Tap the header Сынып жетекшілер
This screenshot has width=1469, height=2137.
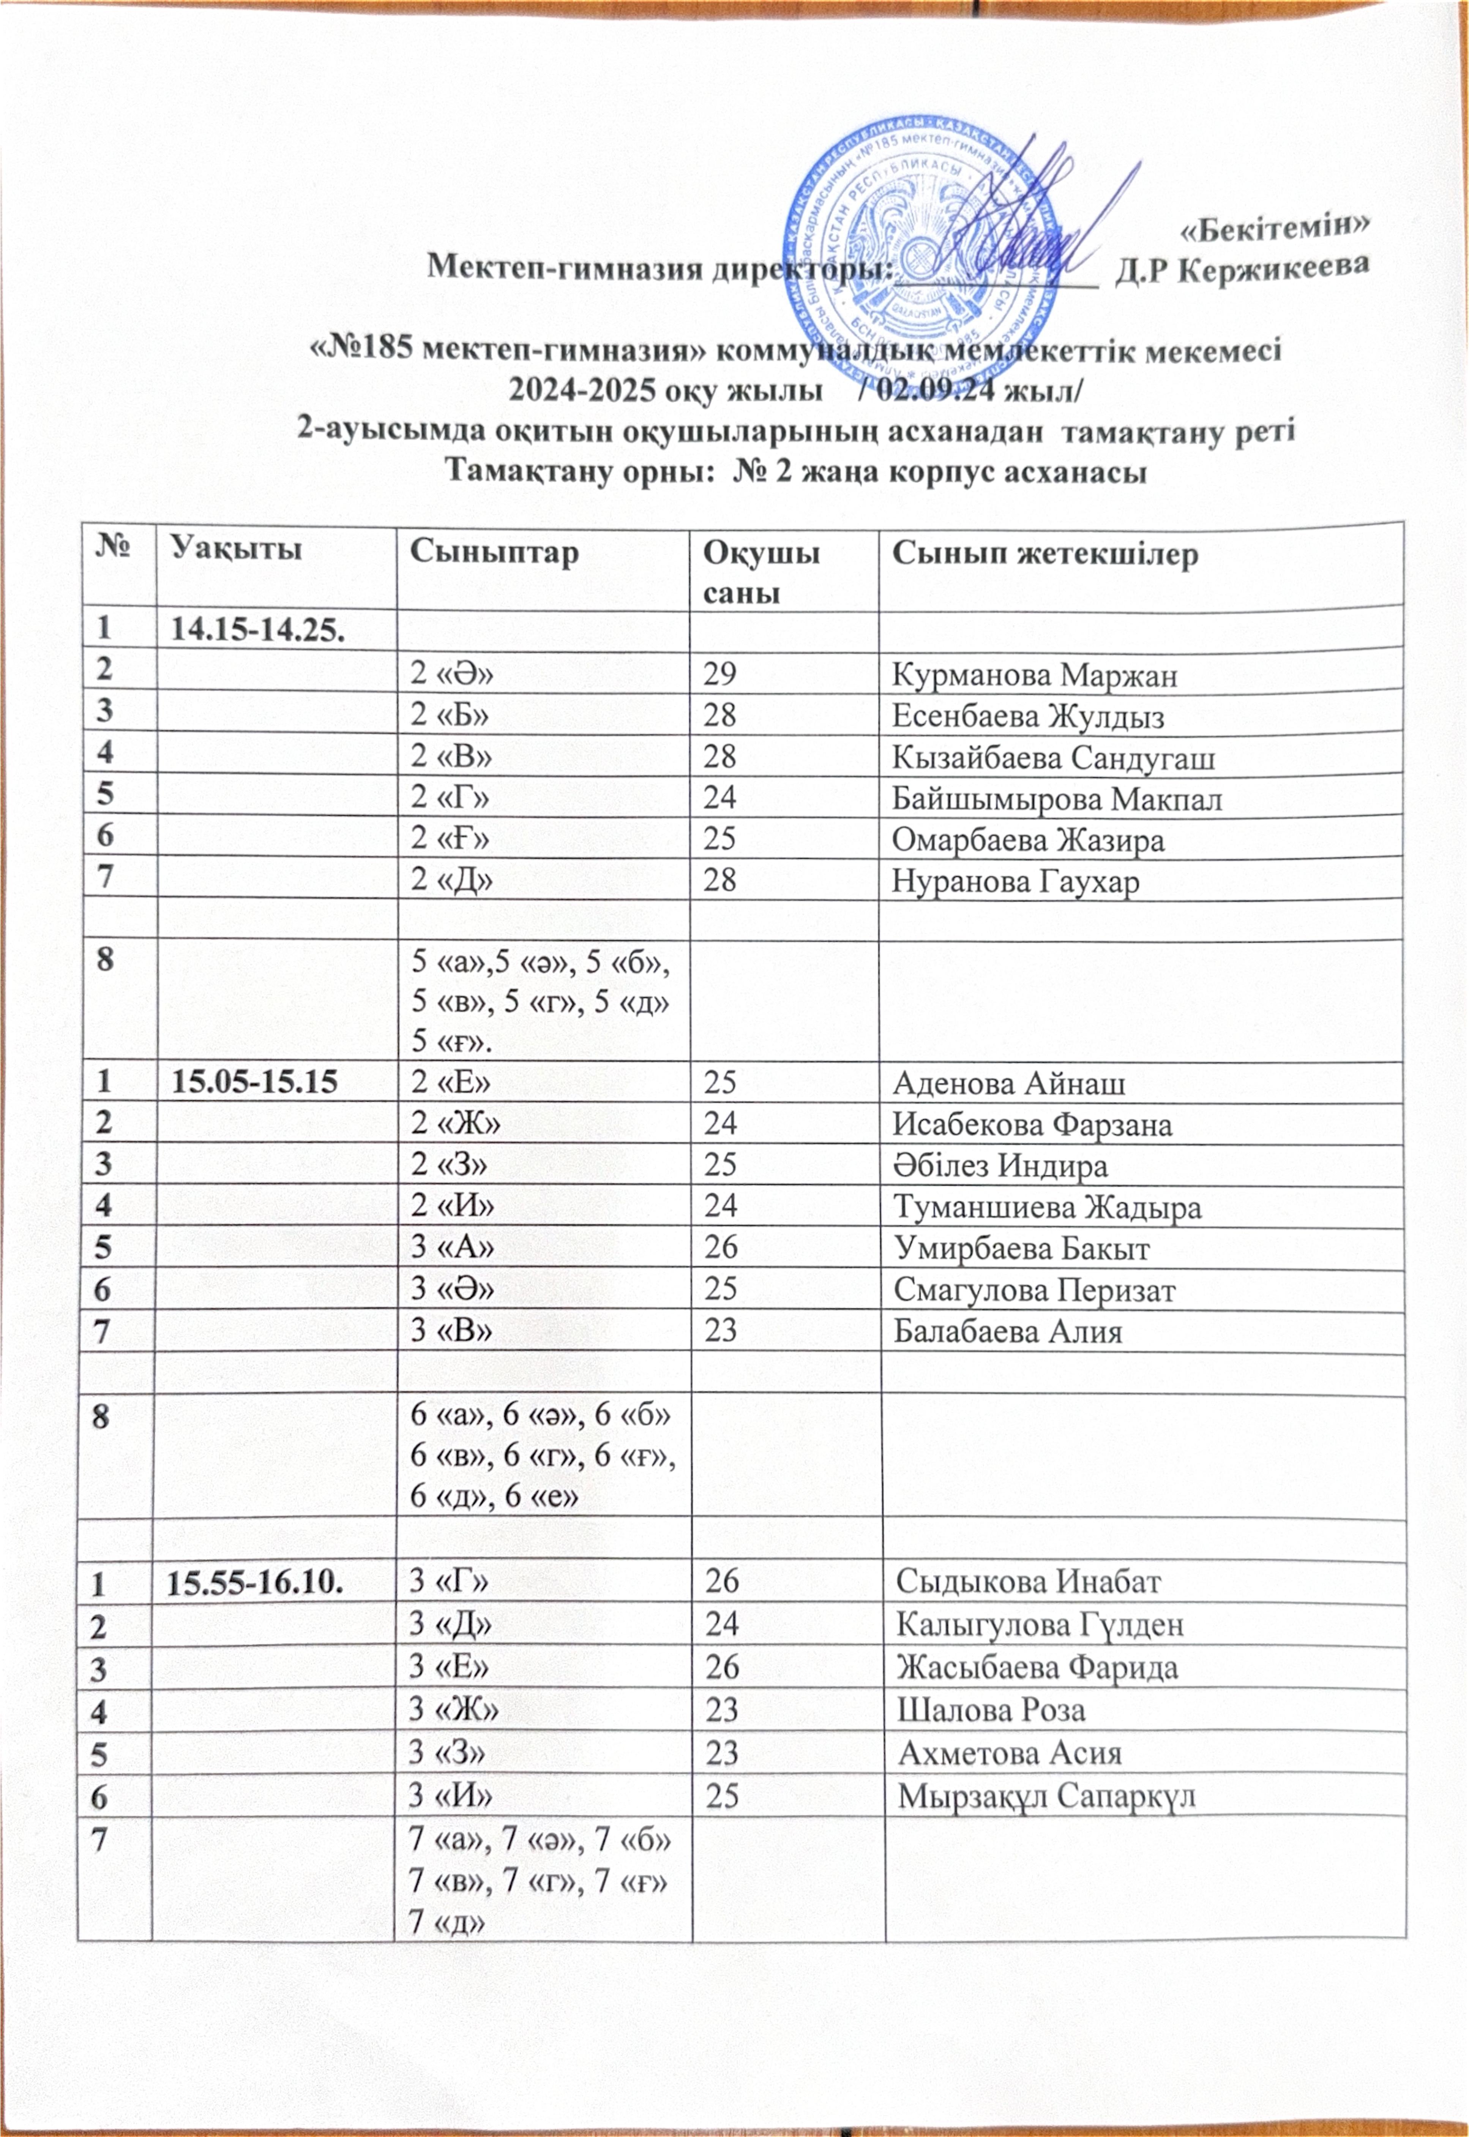[x=1046, y=553]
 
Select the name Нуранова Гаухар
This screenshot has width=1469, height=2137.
[x=1015, y=881]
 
